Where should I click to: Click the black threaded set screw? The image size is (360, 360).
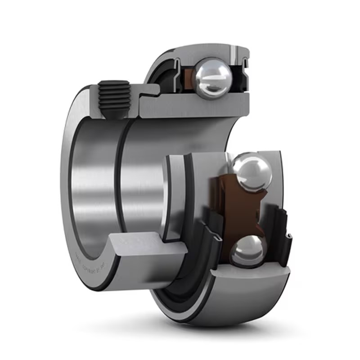coord(113,97)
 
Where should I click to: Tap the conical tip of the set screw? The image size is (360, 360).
coord(112,116)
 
